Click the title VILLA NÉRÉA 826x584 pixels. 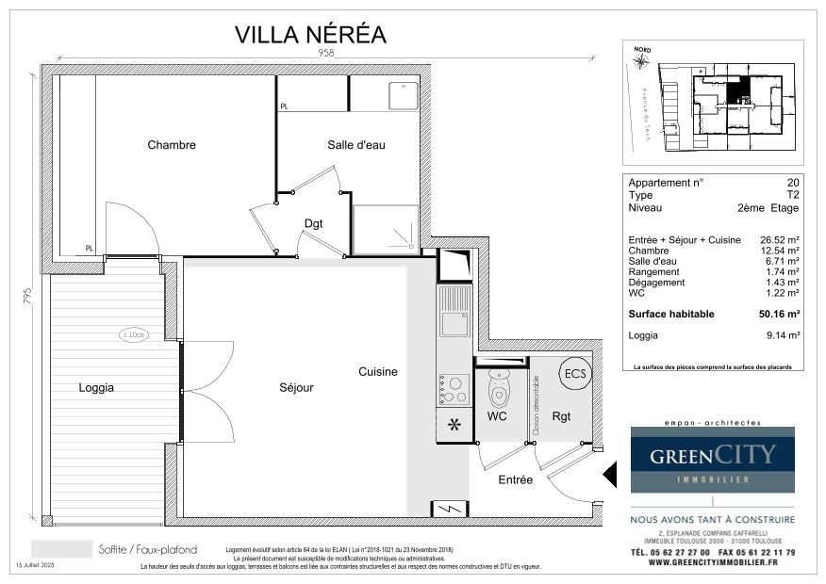coord(310,35)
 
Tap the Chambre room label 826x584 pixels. coord(172,145)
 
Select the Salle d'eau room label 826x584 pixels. coord(355,145)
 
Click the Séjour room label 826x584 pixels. coord(296,387)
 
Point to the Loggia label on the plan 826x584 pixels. coord(96,387)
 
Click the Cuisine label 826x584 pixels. coord(378,372)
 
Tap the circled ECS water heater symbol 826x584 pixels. coord(573,373)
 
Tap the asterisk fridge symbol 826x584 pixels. coord(453,425)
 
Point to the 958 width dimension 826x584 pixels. coord(325,54)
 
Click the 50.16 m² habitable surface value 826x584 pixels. coord(780,314)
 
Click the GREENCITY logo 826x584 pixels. coord(712,457)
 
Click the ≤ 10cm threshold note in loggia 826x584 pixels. coord(133,334)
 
